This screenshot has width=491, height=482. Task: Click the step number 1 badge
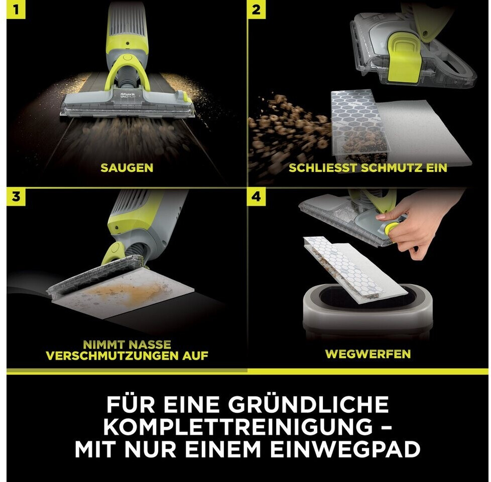click(16, 10)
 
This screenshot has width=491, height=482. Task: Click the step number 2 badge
click(257, 10)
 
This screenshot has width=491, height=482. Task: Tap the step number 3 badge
click(16, 197)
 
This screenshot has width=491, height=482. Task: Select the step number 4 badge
click(257, 197)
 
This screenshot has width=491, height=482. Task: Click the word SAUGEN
click(127, 168)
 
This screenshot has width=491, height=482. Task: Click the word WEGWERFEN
click(368, 354)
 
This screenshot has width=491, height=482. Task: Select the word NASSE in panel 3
click(149, 345)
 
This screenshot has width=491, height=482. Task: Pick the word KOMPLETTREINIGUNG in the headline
click(238, 427)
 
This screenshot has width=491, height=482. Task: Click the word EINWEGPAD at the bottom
click(345, 449)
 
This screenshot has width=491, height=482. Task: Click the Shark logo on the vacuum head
click(128, 94)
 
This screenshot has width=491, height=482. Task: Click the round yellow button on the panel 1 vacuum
click(127, 58)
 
